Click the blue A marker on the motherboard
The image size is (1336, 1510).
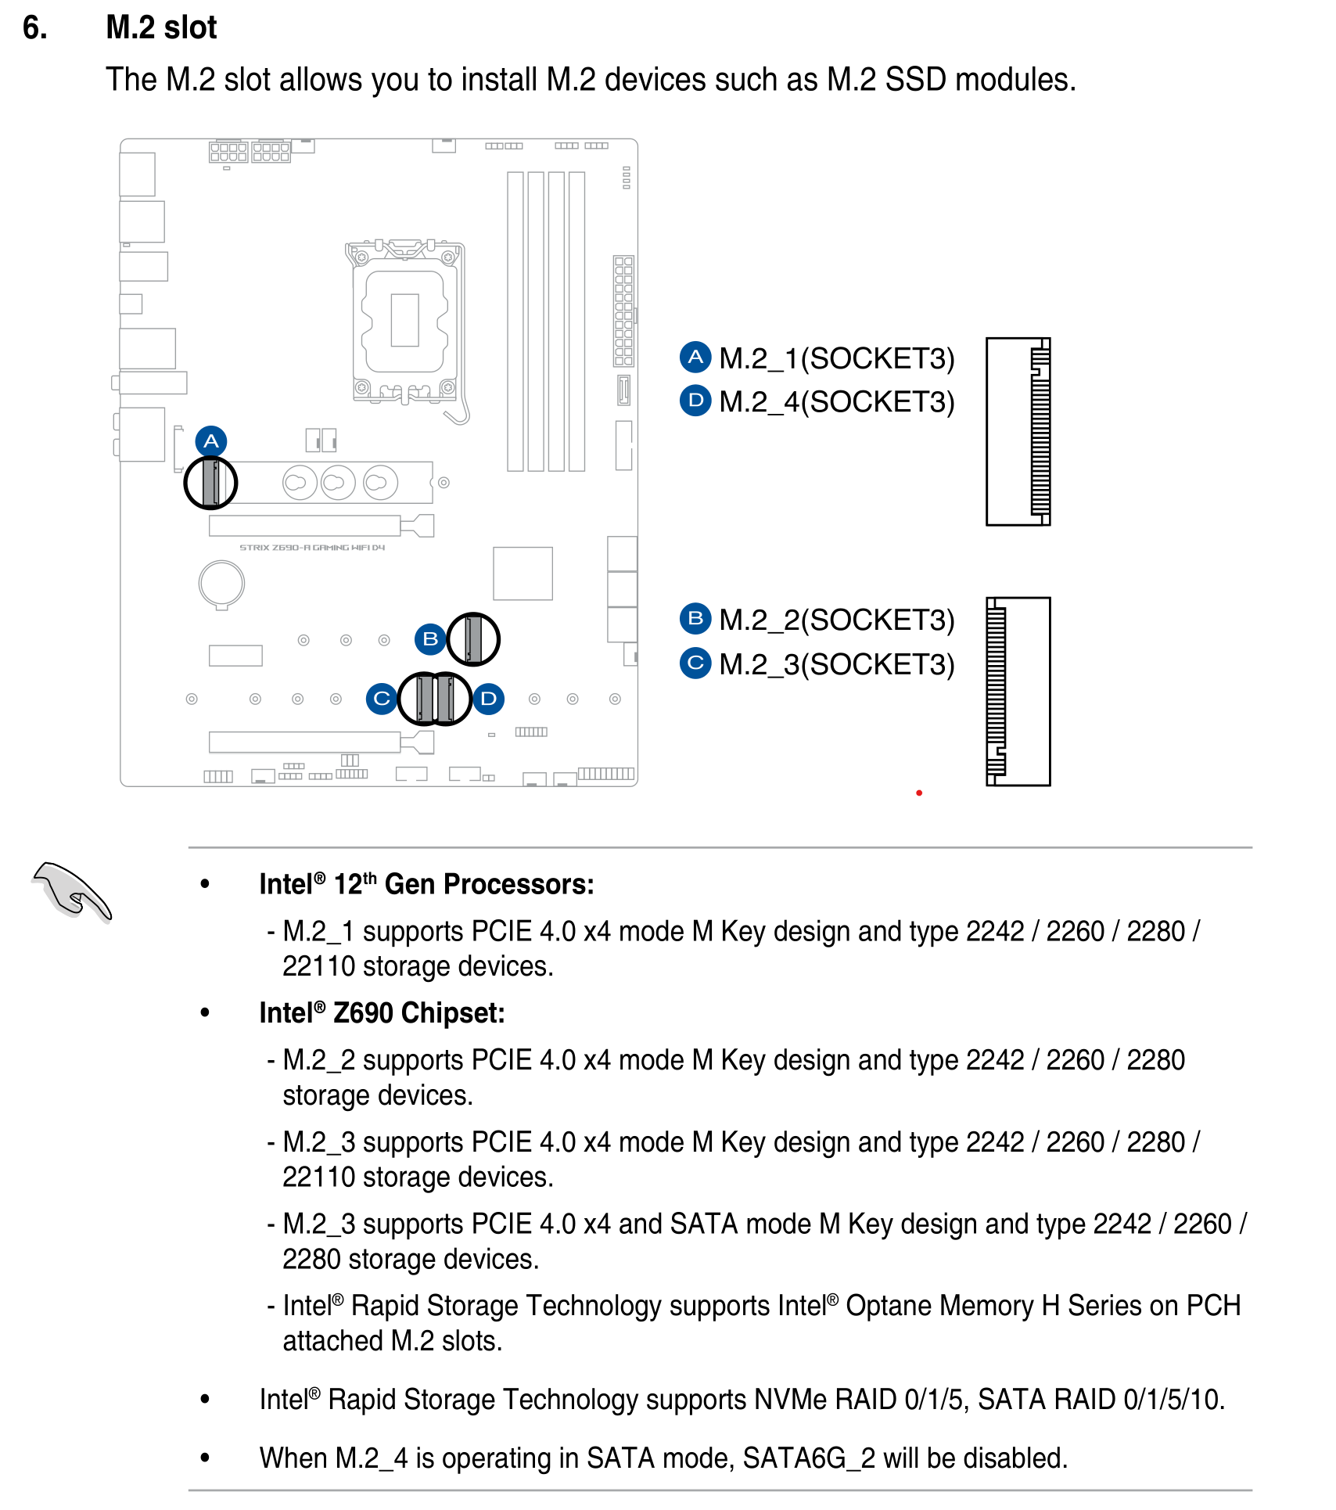[x=211, y=442]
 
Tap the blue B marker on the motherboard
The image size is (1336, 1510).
[x=430, y=639]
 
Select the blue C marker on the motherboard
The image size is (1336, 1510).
[x=382, y=698]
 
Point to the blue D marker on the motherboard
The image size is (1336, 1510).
[x=488, y=698]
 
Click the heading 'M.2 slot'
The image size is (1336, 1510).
[x=161, y=27]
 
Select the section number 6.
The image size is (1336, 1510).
[x=35, y=27]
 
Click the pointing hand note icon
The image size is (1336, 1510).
[x=72, y=892]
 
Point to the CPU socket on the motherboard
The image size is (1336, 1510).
[x=405, y=321]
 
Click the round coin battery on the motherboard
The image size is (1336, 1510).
[x=222, y=584]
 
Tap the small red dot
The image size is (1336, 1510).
[x=919, y=793]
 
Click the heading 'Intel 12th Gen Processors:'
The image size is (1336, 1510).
[x=427, y=884]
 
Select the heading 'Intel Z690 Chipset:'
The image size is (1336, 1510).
[x=382, y=1013]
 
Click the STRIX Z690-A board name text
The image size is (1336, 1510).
[x=312, y=548]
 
